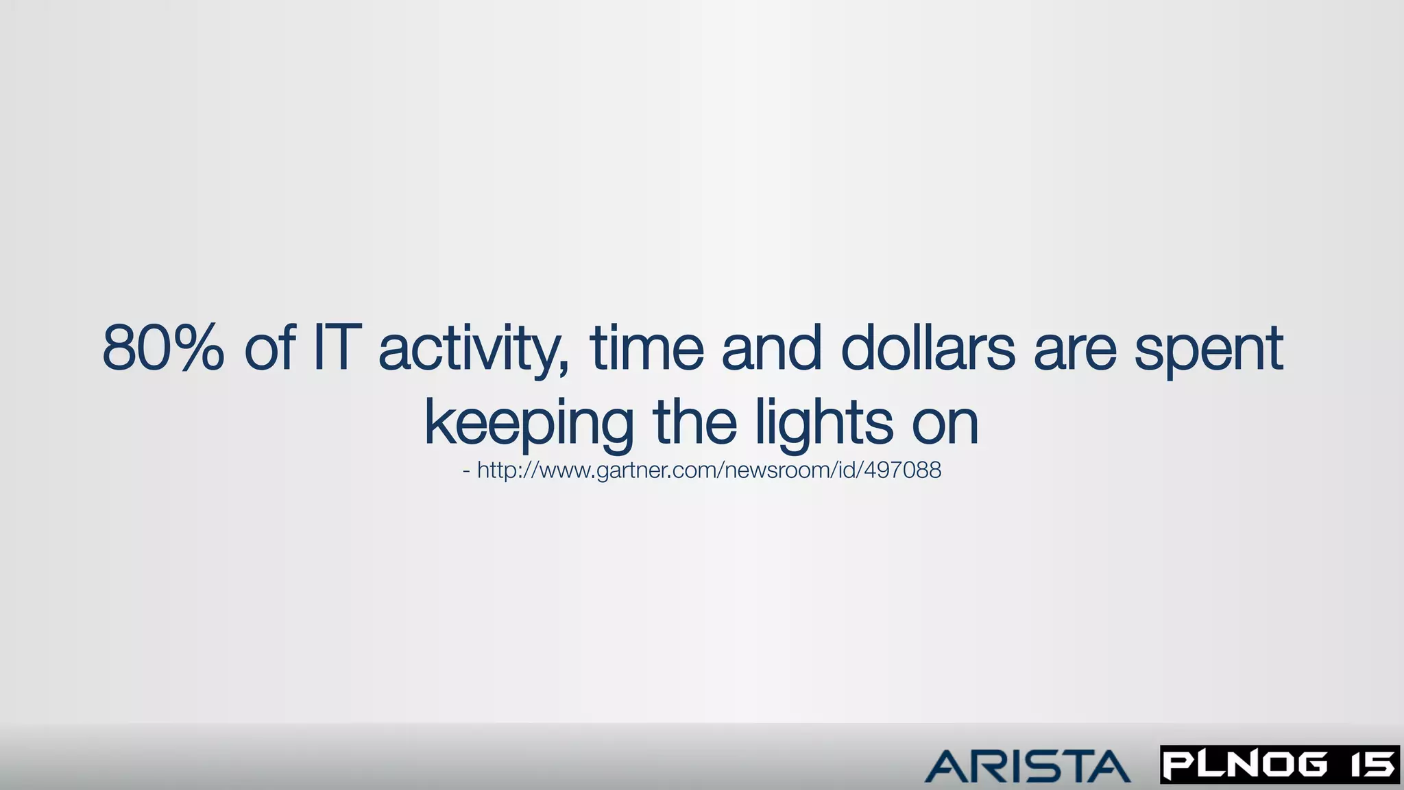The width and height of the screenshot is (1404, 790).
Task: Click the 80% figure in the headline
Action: pyautogui.click(x=163, y=348)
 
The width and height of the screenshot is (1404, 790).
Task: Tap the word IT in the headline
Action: pyautogui.click(x=336, y=348)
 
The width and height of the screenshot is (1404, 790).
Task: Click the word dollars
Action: pyautogui.click(x=928, y=348)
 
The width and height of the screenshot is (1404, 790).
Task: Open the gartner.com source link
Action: pyautogui.click(x=709, y=470)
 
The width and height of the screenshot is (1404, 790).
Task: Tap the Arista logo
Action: pyautogui.click(x=1028, y=766)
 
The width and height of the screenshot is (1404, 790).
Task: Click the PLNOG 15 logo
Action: pyautogui.click(x=1279, y=765)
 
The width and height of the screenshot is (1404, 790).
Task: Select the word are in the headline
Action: pyautogui.click(x=1074, y=350)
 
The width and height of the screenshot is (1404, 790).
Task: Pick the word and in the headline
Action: pyautogui.click(x=772, y=348)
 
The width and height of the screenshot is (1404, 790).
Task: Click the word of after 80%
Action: pyautogui.click(x=270, y=348)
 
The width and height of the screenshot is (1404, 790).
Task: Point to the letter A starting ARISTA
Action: pyautogui.click(x=945, y=767)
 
